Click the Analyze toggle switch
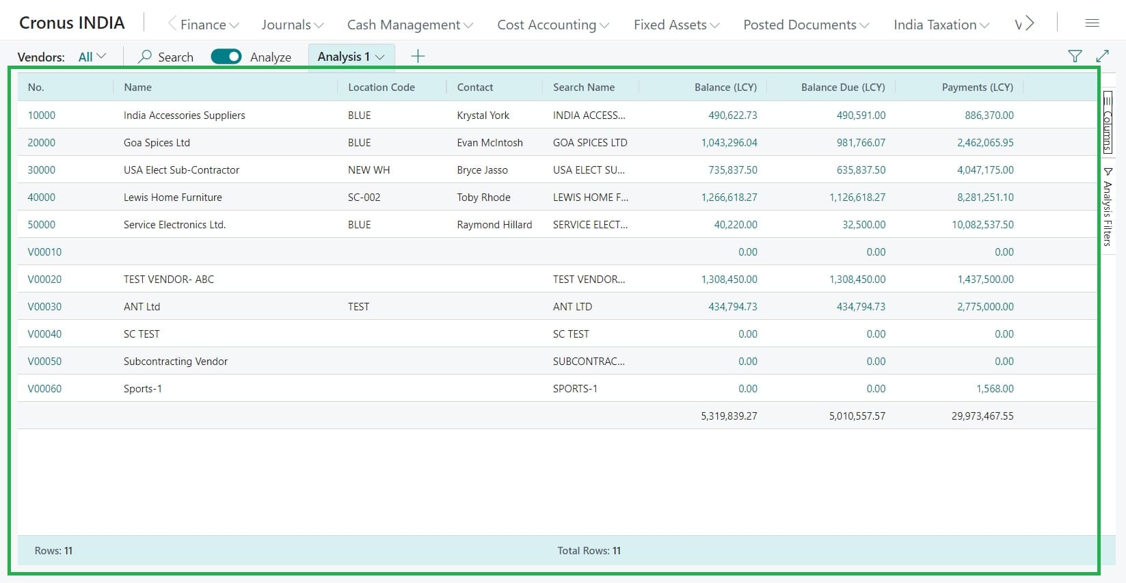pos(226,57)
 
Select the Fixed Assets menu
pos(676,25)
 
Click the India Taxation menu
pos(941,25)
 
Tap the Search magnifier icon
pos(145,57)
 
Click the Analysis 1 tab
pos(351,57)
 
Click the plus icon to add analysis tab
pos(418,57)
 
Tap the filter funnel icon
pos(1075,57)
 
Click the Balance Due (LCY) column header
pos(842,87)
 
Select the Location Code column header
pos(381,87)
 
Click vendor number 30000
pos(42,170)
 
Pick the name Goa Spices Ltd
pos(157,143)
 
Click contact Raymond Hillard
pos(494,225)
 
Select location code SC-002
pos(364,198)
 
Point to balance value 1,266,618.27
pos(729,198)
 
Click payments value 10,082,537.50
pos(982,225)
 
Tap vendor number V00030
pos(44,307)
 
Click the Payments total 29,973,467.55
pos(982,416)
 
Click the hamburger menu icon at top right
pos(1092,23)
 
